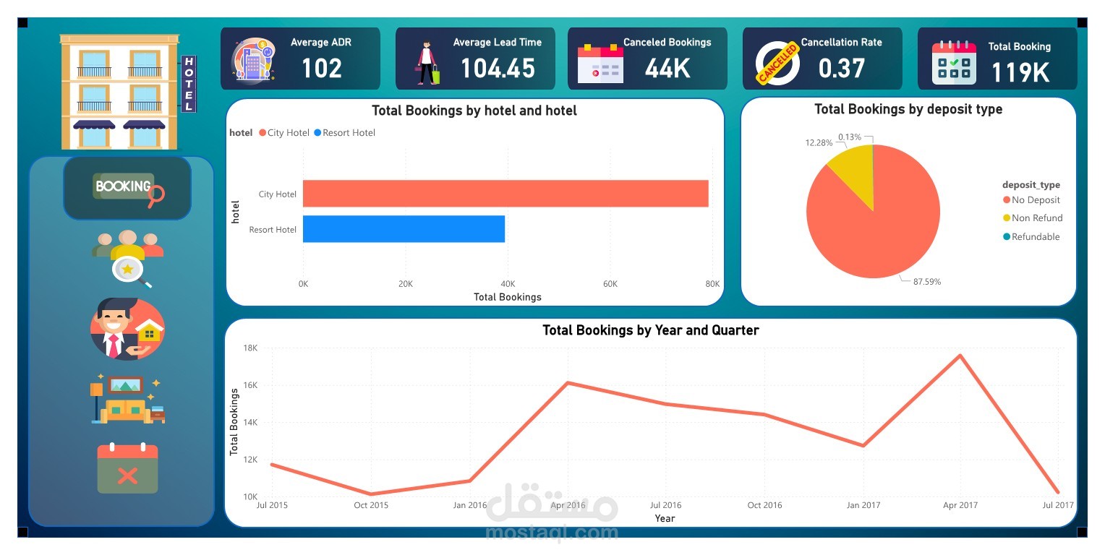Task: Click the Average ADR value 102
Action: [x=321, y=69]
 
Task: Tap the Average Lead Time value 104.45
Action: [x=498, y=69]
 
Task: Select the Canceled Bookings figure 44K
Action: [x=667, y=69]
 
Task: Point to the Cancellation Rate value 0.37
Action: [x=841, y=69]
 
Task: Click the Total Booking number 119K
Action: [x=1020, y=72]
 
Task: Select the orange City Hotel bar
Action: [x=505, y=194]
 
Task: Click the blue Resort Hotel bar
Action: [x=404, y=229]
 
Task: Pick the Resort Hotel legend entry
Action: [x=349, y=133]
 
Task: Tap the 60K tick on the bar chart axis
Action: [x=610, y=284]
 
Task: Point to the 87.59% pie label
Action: [x=926, y=282]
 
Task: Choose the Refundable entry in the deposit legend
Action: [x=1035, y=237]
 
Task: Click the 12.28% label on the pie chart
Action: [x=819, y=143]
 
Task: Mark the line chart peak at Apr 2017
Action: [x=960, y=355]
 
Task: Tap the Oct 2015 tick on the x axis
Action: [x=371, y=505]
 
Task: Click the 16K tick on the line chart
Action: [x=249, y=385]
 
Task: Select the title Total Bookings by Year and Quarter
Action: [x=650, y=330]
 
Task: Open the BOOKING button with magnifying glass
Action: [x=128, y=188]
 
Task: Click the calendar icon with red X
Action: [x=127, y=469]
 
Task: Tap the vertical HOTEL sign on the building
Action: [x=189, y=84]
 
